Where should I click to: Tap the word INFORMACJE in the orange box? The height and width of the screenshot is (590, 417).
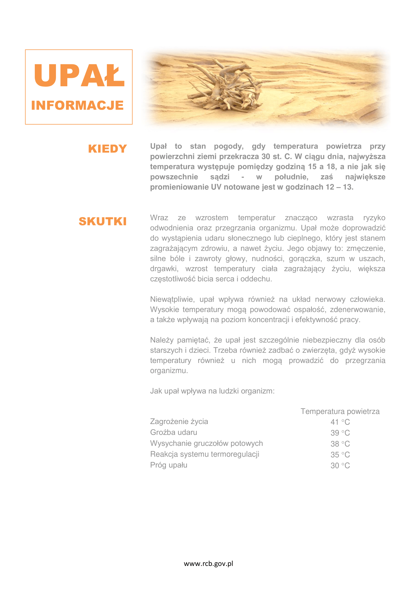click(77, 105)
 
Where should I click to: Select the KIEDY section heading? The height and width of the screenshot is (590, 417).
click(107, 149)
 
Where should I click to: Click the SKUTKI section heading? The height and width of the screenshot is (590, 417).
click(102, 221)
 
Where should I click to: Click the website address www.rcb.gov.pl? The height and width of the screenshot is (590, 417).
click(209, 564)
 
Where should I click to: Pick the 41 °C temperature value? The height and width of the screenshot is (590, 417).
click(340, 422)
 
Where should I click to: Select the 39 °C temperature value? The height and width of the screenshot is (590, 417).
click(340, 433)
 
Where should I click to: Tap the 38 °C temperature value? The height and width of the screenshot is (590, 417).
click(340, 444)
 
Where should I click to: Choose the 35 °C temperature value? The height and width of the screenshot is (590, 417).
click(340, 455)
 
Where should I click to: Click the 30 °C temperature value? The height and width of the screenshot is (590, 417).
click(340, 465)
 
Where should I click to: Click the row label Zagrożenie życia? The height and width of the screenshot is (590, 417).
click(179, 422)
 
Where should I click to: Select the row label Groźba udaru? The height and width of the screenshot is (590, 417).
click(173, 432)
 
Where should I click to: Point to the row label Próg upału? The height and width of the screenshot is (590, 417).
click(169, 465)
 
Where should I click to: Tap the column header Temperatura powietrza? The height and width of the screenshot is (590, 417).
click(340, 411)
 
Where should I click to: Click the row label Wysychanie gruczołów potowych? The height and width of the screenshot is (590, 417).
click(206, 443)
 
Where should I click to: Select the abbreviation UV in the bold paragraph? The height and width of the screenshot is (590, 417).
click(216, 187)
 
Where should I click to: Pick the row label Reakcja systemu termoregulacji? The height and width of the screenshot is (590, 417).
click(205, 454)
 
